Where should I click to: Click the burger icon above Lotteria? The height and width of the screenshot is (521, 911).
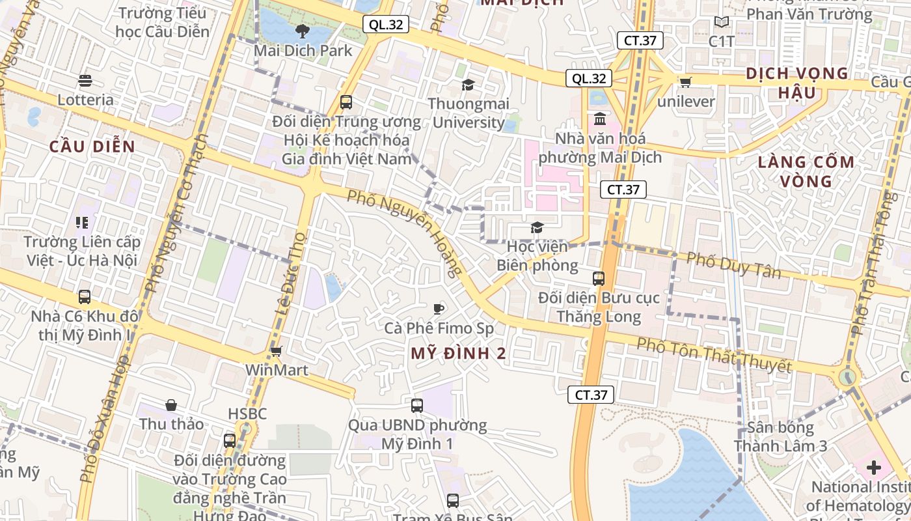85,81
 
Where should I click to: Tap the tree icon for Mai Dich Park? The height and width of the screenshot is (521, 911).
302,31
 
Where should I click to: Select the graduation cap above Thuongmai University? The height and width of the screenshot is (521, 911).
468,85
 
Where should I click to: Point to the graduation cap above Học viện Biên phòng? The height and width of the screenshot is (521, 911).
537,227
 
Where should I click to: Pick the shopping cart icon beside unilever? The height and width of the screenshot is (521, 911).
685,82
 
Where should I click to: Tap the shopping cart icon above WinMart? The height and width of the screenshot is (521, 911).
276,352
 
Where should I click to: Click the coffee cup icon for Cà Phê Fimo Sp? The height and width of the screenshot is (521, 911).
439,309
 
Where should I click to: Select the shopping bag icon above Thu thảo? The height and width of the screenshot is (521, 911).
171,405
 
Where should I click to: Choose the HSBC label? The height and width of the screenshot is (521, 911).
247,414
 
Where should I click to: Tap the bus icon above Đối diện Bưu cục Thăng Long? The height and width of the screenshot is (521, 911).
599,279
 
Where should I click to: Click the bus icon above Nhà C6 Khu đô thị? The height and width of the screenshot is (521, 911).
85,297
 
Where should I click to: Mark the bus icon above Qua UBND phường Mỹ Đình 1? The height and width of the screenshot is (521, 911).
417,406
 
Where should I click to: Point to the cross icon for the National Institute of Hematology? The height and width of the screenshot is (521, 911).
873,468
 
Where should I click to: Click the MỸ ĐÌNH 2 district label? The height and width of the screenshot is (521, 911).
459,354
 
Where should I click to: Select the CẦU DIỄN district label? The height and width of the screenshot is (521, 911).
92,147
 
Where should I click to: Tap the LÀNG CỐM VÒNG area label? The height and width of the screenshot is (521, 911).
806,171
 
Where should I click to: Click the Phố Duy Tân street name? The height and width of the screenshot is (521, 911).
734,265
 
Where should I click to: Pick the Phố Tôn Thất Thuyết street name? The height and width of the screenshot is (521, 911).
714,356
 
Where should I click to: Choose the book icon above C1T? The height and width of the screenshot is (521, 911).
722,22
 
